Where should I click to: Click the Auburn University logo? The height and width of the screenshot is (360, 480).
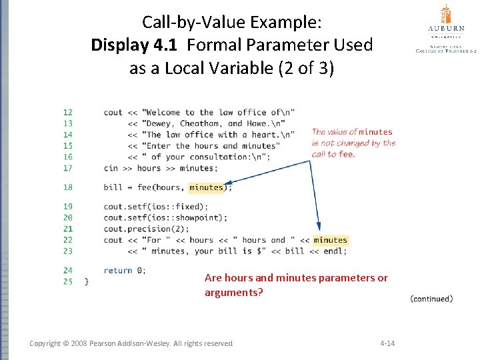pos(445,28)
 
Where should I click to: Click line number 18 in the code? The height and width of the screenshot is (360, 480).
pos(68,187)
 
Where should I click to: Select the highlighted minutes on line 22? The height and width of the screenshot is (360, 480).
pos(330,240)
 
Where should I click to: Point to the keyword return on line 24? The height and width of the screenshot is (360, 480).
pos(117,271)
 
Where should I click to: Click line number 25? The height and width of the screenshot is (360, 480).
pos(68,281)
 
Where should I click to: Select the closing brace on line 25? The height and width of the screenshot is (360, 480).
pos(85,281)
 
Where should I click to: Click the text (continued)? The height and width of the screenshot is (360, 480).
pos(431,299)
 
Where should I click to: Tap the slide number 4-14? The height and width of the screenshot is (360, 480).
pos(387,343)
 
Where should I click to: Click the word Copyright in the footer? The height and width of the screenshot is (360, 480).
pos(49,343)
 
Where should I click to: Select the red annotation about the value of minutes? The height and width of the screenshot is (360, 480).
pos(353,143)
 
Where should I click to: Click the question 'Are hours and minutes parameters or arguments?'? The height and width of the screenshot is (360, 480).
pos(296,285)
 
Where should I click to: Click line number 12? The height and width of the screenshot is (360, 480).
pos(68,112)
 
